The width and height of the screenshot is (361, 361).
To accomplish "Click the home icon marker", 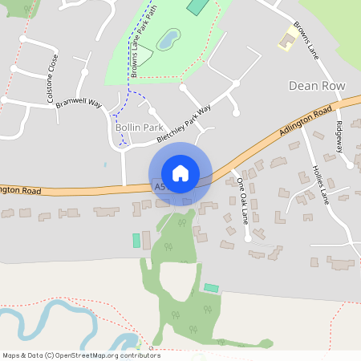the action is pos(180,173).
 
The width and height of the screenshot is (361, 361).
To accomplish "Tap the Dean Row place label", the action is pos(317,84).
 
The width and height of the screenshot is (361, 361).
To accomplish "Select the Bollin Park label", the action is pos(140,128).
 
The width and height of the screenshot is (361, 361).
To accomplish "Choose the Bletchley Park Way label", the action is pos(184,124).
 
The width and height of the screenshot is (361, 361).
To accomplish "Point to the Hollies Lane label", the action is pos(322,184).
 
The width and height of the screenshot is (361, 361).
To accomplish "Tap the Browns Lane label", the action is pos(307,36).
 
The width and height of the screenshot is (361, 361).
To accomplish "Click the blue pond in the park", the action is pos(168,38).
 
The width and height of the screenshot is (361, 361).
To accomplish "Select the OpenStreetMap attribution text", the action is pos(81,355).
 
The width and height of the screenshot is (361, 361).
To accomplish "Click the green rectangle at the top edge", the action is pos(197,5).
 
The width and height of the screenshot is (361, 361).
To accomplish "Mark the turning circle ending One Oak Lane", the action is pos(249,237).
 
